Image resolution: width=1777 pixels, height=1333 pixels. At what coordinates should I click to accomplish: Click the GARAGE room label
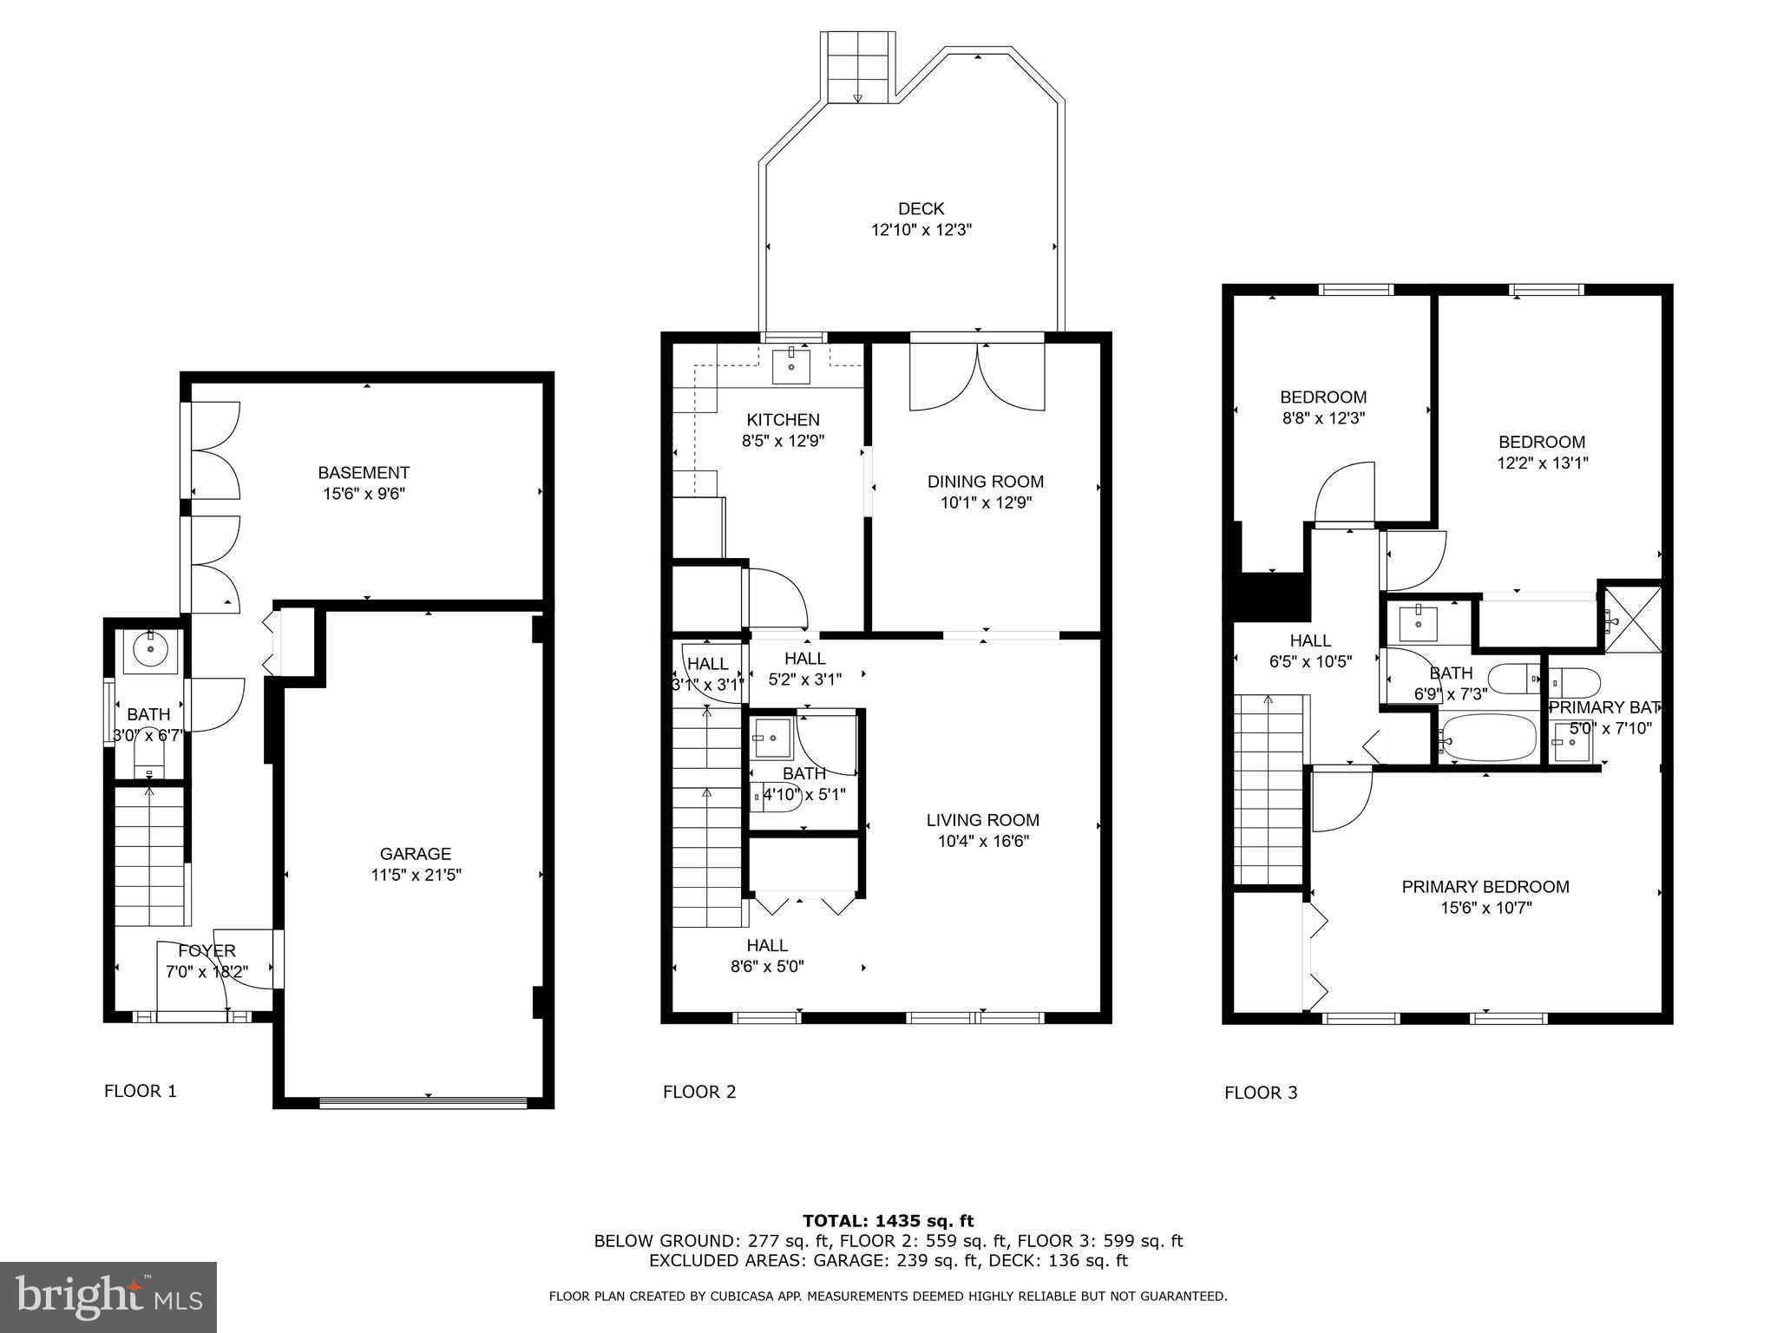[415, 853]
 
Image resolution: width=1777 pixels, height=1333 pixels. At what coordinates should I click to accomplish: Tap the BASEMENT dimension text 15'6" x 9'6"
[363, 494]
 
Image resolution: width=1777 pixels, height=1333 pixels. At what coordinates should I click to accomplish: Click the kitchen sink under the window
[791, 365]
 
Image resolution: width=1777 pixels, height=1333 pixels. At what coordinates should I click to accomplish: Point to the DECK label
[921, 208]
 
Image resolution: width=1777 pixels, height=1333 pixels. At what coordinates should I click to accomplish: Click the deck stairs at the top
[857, 66]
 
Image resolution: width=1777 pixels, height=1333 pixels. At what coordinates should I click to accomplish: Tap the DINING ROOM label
[985, 482]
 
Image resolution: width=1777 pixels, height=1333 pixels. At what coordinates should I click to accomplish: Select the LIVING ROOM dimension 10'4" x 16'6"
[982, 841]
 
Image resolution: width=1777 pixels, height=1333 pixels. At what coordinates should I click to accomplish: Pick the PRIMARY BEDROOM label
[1485, 887]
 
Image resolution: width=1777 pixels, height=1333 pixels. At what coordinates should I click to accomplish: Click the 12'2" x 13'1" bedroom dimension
[1542, 463]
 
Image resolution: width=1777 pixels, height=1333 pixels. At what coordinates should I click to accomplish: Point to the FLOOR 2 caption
[699, 1092]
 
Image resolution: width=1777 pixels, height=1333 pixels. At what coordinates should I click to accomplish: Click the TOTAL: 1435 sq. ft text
[888, 1221]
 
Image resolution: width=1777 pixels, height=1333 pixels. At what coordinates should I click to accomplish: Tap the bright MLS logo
[108, 1297]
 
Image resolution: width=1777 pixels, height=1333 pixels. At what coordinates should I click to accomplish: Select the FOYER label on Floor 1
[207, 951]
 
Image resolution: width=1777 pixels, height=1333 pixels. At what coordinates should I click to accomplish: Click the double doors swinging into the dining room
[977, 378]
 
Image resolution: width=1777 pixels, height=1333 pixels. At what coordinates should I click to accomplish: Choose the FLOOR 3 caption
[1260, 1093]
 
